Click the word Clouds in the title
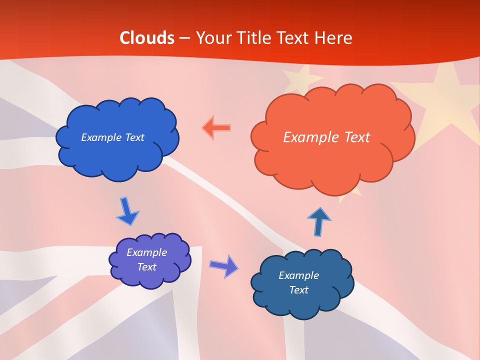tap(147, 38)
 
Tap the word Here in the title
tap(335, 38)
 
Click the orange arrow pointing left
tap(216, 128)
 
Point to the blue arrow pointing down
tap(127, 211)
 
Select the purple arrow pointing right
tap(223, 265)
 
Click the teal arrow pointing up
tap(318, 221)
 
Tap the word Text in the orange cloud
tap(356, 137)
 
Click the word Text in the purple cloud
tap(147, 267)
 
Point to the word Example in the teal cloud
tap(298, 275)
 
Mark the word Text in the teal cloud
tap(298, 290)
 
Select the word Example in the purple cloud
tap(146, 252)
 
